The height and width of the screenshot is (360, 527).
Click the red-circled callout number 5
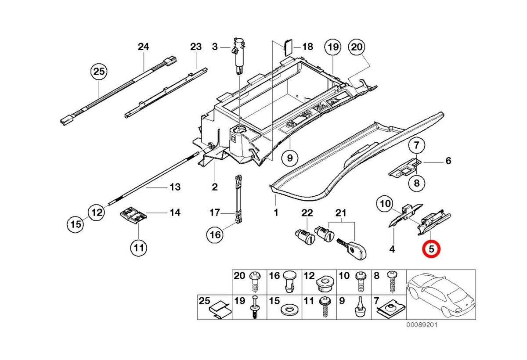431,249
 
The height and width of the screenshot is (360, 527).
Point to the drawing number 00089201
421,325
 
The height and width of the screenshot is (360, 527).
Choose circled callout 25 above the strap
99,71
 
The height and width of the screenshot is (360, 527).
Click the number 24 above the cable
144,46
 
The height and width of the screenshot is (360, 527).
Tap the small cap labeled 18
288,46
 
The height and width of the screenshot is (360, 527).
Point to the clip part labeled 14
133,215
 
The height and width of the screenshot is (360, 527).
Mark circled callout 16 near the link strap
215,235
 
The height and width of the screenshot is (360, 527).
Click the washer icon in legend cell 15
288,310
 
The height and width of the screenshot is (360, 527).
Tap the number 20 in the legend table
239,276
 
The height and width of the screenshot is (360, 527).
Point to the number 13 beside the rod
175,187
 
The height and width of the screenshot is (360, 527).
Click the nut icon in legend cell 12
323,285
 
